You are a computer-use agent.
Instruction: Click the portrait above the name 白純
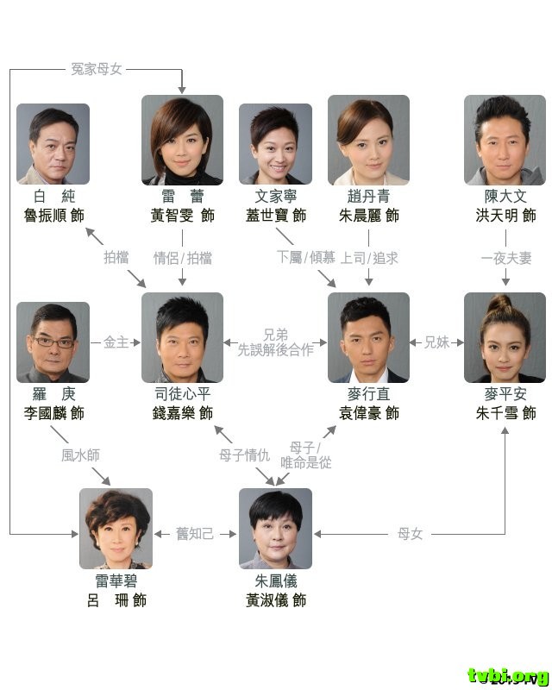(53, 143)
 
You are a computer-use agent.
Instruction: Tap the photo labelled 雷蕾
(182, 140)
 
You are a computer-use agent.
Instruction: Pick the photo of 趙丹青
(368, 140)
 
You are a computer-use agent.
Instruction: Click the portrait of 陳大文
(505, 140)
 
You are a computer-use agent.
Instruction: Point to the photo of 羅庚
(53, 342)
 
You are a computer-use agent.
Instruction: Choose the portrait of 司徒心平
(182, 337)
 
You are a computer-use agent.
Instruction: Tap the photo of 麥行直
(368, 337)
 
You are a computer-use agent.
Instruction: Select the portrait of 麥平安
(505, 337)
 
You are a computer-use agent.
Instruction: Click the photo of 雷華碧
(116, 528)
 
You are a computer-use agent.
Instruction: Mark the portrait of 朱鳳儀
(275, 528)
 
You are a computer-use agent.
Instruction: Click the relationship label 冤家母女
(97, 68)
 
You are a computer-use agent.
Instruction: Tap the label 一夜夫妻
(505, 257)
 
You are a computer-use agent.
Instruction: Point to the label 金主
(116, 342)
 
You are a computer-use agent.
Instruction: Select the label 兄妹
(436, 342)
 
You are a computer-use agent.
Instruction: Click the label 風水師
(80, 455)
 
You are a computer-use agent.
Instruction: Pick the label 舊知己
(195, 534)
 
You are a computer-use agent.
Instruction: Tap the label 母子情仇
(244, 455)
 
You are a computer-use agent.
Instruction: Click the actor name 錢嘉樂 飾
(181, 414)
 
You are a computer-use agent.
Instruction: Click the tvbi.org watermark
(508, 674)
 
